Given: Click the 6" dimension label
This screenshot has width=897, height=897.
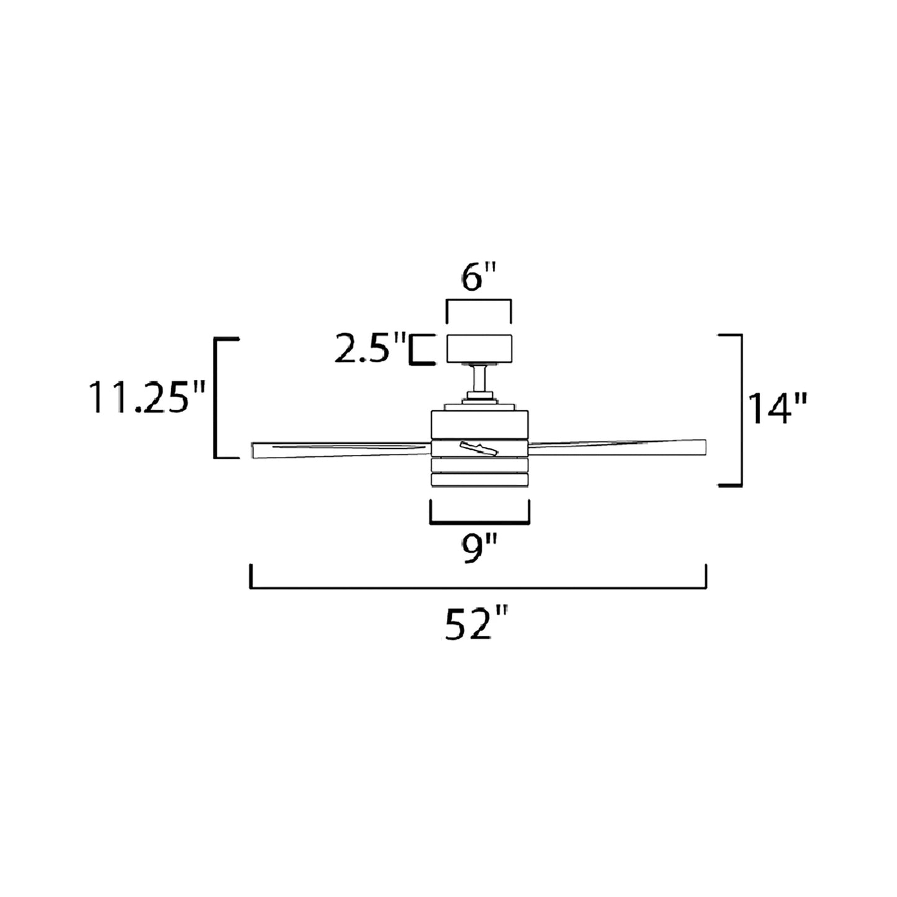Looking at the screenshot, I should [x=479, y=278].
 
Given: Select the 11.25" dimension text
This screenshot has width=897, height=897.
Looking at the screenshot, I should [x=146, y=397].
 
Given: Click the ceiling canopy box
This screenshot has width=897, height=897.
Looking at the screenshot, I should [x=479, y=348].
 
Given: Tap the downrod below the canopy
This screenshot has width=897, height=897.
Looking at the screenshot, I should [x=479, y=378].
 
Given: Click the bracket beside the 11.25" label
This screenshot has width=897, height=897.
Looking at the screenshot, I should [x=217, y=398].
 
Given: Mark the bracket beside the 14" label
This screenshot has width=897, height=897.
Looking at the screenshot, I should [x=740, y=410].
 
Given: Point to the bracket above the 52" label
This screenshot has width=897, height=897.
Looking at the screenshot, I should [x=478, y=587].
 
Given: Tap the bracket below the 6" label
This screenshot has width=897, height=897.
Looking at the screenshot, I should [x=479, y=302].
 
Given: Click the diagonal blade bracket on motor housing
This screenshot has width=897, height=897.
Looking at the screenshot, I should [x=479, y=448].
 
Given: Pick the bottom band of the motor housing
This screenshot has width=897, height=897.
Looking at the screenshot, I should [x=479, y=480].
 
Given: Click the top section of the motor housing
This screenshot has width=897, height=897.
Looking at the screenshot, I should [x=479, y=425].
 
